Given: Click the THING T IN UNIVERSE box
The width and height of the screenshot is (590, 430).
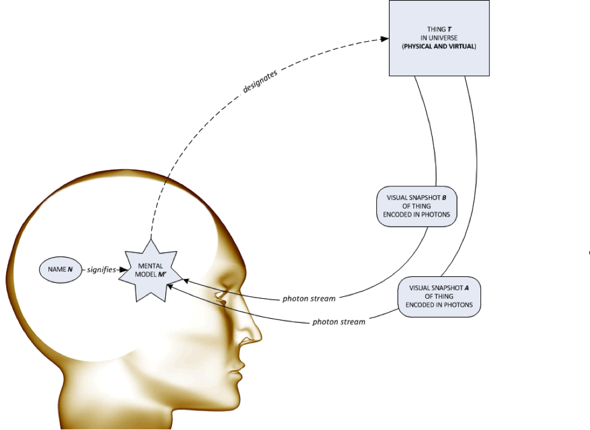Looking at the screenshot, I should click(x=439, y=37).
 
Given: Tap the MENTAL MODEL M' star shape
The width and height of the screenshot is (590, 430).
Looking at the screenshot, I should click(x=149, y=270).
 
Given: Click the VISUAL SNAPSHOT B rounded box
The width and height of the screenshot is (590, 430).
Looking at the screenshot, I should click(x=416, y=206).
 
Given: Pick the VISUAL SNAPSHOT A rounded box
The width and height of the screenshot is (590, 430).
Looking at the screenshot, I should click(x=439, y=296).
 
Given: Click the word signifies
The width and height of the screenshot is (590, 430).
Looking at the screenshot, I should click(x=101, y=270).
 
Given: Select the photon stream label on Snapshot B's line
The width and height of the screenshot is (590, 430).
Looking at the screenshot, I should click(x=309, y=299).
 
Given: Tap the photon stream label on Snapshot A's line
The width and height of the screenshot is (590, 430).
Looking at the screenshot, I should click(x=339, y=322).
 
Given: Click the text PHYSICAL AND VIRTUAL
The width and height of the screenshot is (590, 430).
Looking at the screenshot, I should click(x=439, y=46).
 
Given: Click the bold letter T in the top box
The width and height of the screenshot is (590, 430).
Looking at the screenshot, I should click(x=450, y=29).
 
